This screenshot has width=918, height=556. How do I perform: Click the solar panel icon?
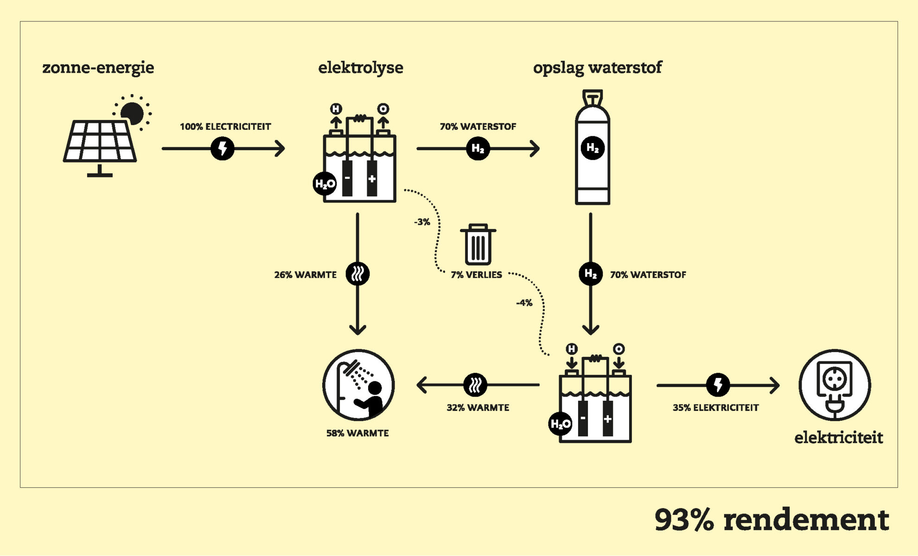100,144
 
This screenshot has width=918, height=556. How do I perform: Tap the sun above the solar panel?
133,113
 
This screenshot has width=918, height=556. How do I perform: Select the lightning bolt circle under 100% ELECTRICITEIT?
223,149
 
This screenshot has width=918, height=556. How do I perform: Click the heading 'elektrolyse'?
360,68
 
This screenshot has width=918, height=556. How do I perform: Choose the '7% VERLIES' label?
476,275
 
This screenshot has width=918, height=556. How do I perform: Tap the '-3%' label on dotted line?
422,222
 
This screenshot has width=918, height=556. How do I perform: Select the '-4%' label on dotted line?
524,303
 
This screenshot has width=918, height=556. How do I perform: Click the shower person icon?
358,385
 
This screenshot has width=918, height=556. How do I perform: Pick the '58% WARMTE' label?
357,433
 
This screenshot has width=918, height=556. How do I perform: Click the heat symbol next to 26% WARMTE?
357,274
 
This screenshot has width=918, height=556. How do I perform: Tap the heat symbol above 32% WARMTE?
475,385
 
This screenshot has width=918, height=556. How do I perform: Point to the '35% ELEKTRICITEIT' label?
715,408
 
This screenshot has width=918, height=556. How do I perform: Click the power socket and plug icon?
835,385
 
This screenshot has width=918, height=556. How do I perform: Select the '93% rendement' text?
771,519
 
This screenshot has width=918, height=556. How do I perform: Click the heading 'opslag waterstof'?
597,68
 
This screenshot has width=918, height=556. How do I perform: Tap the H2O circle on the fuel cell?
560,423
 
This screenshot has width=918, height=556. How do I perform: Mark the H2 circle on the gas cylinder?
593,148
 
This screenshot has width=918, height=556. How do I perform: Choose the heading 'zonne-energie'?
98,68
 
